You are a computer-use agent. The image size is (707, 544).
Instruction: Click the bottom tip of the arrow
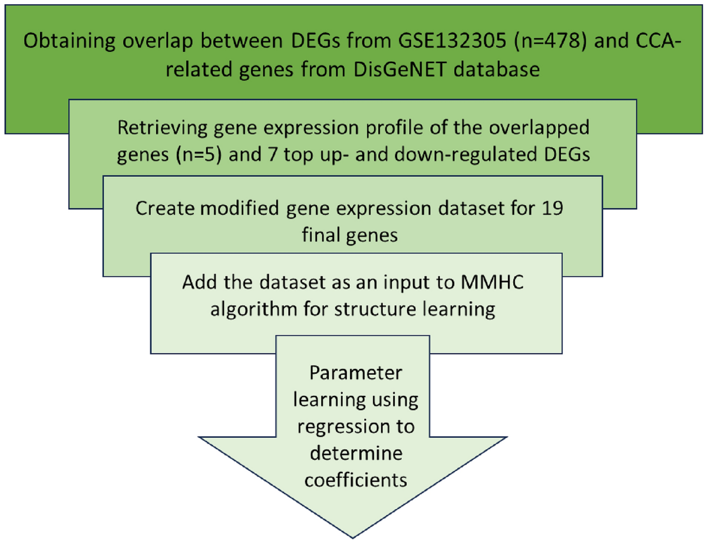[352, 536]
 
